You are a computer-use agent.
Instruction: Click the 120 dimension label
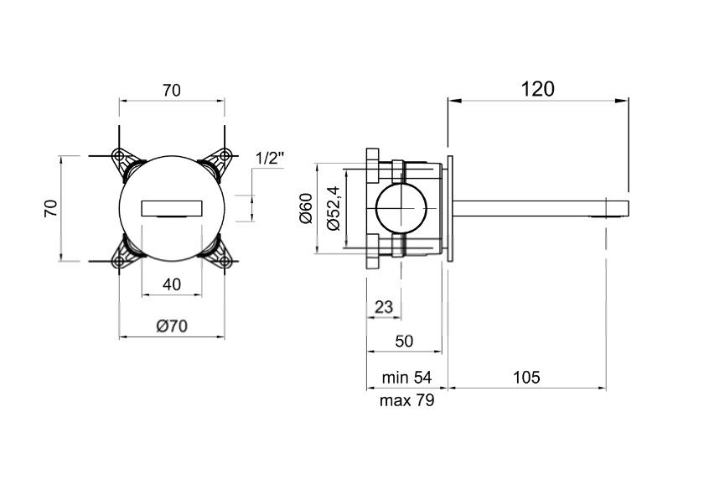(x=537, y=89)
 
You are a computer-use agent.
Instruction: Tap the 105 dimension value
(x=526, y=377)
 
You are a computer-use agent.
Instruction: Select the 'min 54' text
(x=406, y=377)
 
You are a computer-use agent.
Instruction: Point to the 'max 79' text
(x=406, y=399)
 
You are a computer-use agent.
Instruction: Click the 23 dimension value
(x=384, y=307)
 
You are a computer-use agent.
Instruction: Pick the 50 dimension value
(x=404, y=342)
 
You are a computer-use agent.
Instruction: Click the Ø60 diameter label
(x=306, y=208)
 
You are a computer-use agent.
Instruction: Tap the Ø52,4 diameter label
(x=334, y=208)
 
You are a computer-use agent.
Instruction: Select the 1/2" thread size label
(x=270, y=159)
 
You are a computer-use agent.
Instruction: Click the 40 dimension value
(x=172, y=284)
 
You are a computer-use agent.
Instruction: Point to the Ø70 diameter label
(x=172, y=326)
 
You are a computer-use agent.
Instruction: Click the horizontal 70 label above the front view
(x=172, y=91)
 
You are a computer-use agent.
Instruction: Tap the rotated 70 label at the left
(x=51, y=208)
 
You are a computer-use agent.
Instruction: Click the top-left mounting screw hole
(x=119, y=156)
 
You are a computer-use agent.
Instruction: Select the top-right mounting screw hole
(x=224, y=156)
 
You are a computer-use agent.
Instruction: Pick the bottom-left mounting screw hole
(x=119, y=261)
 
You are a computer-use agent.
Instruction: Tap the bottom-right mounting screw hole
(x=224, y=261)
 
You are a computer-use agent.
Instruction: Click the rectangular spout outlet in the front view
(x=172, y=208)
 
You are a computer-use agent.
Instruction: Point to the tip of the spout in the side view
(x=629, y=208)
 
